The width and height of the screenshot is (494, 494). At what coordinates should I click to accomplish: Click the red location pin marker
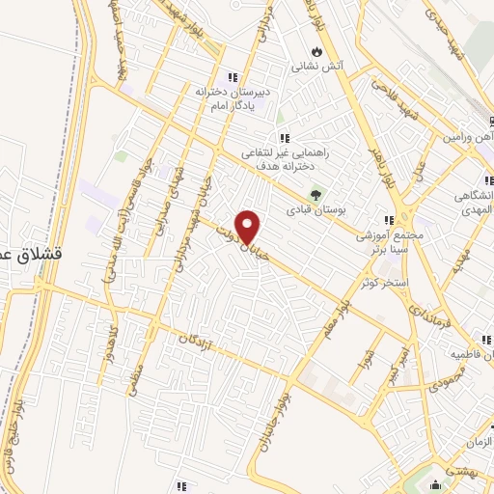249,227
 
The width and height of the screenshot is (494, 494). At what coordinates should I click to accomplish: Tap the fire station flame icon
317,52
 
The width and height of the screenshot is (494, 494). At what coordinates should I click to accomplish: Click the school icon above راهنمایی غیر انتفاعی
284,138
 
